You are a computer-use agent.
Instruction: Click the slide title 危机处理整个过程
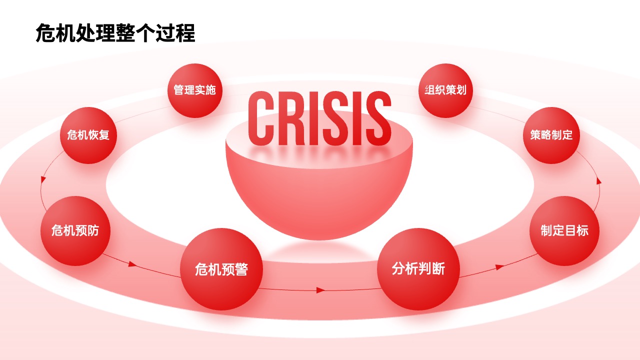click(x=115, y=33)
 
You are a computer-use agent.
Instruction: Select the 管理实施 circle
click(x=195, y=90)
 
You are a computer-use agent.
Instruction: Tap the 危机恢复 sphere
click(x=88, y=135)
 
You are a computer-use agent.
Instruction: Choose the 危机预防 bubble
click(x=75, y=231)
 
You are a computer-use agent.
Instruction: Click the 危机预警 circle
click(x=221, y=269)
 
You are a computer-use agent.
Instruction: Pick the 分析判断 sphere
click(x=418, y=269)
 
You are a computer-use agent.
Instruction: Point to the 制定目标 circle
click(x=564, y=231)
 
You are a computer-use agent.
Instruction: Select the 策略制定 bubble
click(x=551, y=135)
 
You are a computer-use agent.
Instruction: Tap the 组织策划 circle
click(x=445, y=90)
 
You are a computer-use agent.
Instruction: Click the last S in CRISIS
click(x=378, y=118)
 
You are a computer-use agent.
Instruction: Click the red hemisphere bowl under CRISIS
click(x=319, y=194)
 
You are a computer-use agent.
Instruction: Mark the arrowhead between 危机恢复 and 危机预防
click(x=43, y=179)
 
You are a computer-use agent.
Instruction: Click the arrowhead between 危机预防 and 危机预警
click(x=132, y=264)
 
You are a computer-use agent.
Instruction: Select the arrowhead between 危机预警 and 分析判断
click(x=321, y=290)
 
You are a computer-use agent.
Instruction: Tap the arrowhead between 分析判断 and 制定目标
click(x=499, y=267)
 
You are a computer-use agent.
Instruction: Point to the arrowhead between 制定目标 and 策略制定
click(x=599, y=180)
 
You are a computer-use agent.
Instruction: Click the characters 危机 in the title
click(x=55, y=33)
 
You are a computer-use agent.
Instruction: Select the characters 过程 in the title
click(x=175, y=33)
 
